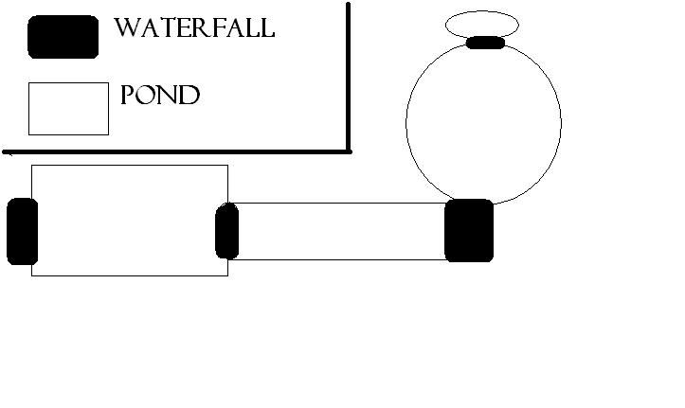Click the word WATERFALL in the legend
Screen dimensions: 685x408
(194, 28)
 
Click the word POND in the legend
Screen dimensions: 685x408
(160, 95)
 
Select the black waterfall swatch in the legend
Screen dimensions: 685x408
(63, 37)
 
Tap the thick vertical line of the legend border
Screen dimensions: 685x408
(348, 78)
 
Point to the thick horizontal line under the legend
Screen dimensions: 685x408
(176, 152)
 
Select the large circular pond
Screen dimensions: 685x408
(406, 124)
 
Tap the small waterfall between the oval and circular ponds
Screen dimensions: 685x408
(485, 43)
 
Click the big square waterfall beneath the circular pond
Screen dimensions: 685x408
(469, 230)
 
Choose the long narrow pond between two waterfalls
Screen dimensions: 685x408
(341, 204)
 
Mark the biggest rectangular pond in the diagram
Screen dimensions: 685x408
(130, 166)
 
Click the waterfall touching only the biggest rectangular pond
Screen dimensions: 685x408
(23, 231)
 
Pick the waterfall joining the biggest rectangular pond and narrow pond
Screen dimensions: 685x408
(227, 231)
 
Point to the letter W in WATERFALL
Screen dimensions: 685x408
(126, 28)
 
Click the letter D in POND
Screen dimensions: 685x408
(190, 95)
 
